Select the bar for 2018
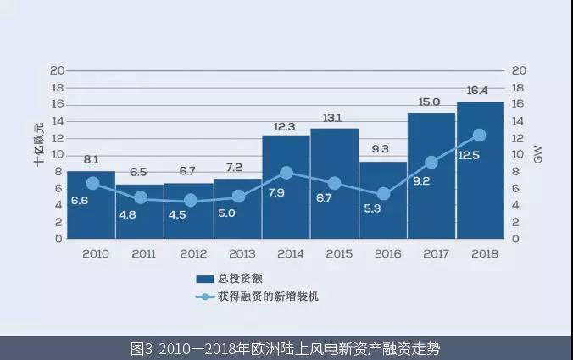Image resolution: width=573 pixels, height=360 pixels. click(x=481, y=169)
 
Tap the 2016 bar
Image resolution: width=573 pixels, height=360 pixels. click(x=383, y=200)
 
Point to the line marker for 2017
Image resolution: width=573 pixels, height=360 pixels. click(x=431, y=162)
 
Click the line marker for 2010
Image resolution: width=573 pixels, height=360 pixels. click(x=92, y=183)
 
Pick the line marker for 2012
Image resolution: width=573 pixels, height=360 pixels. click(x=190, y=201)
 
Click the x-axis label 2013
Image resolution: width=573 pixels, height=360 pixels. click(x=238, y=252)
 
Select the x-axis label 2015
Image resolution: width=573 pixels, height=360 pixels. click(x=335, y=252)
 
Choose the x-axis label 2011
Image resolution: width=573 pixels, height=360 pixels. click(x=141, y=252)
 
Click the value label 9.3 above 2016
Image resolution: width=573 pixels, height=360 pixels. click(x=383, y=149)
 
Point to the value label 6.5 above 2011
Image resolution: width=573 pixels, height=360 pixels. click(x=141, y=172)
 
